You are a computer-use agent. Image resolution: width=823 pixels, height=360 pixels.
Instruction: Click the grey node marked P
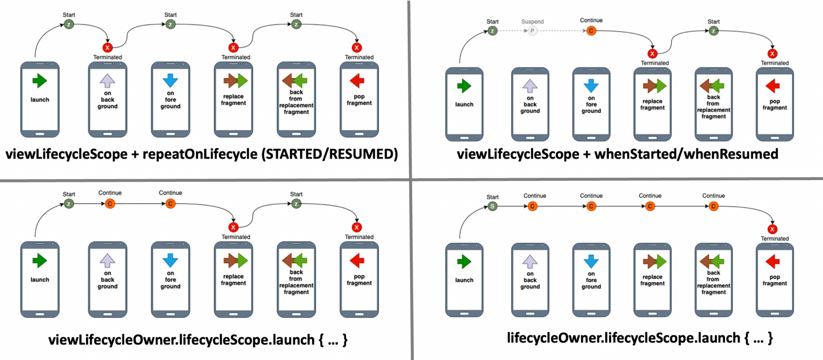click(532, 31)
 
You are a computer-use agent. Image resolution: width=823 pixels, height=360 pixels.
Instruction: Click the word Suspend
click(532, 22)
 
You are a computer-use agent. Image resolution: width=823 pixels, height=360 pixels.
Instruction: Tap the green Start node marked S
click(492, 207)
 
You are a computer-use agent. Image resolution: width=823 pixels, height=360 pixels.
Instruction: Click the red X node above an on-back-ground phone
click(107, 48)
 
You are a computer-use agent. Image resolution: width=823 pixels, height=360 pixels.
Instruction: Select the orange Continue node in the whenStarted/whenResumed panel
click(591, 31)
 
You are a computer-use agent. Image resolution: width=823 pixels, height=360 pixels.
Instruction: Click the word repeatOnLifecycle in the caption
click(200, 154)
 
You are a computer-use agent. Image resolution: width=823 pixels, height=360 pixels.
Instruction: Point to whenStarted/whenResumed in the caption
click(686, 154)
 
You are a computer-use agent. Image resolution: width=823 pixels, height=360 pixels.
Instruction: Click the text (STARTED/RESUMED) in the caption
click(330, 154)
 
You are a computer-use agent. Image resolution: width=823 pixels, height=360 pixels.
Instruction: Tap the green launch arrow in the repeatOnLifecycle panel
click(40, 81)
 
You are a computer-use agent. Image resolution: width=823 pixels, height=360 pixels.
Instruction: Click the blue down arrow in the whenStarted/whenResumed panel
click(591, 86)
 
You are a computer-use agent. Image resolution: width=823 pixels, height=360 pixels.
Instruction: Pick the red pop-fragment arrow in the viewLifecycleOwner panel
click(357, 261)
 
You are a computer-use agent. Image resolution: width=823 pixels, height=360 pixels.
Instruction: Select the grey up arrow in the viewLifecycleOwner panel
click(107, 261)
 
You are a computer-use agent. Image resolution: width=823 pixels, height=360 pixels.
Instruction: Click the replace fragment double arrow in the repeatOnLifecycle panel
click(235, 81)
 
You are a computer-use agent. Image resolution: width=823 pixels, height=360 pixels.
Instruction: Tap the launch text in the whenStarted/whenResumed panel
click(464, 104)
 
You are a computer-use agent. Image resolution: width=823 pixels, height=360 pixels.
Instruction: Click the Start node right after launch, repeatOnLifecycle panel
click(69, 25)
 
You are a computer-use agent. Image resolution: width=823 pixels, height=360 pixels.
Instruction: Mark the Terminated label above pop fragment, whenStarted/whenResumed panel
click(774, 63)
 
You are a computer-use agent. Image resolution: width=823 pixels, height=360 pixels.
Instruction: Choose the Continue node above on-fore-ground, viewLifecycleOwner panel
click(170, 204)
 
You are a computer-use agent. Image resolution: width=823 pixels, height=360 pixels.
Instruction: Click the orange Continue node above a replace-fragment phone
click(650, 207)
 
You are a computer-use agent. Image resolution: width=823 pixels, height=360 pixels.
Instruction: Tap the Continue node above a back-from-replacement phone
click(713, 207)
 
